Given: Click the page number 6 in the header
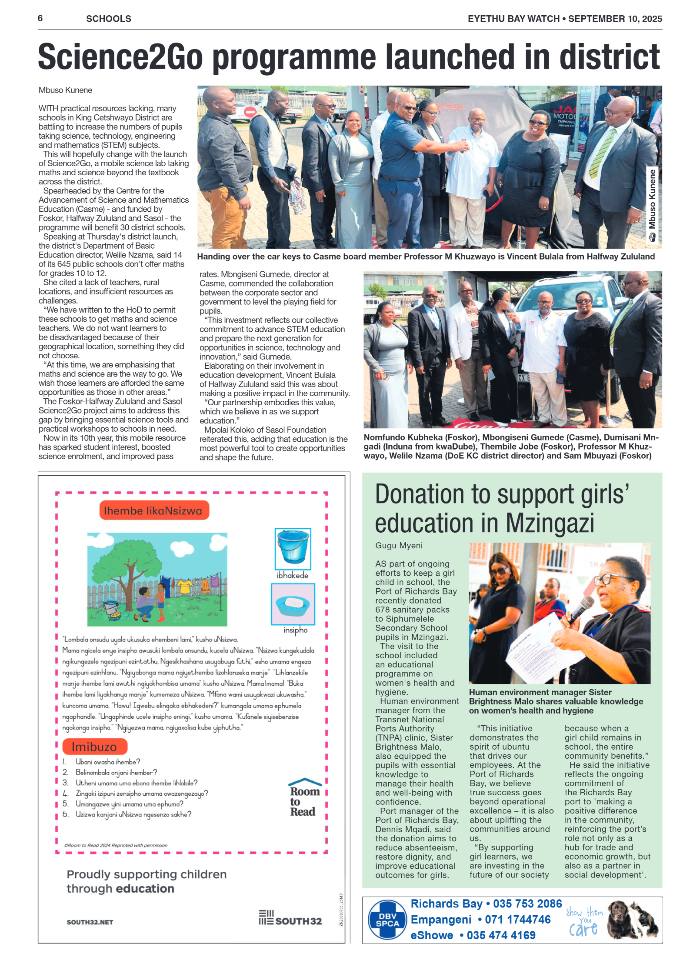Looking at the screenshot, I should pyautogui.click(x=40, y=18).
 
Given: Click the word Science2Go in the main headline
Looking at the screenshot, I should pyautogui.click(x=120, y=57).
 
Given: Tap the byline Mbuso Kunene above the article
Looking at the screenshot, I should pyautogui.click(x=65, y=90).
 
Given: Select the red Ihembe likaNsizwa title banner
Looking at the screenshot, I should pyautogui.click(x=154, y=510).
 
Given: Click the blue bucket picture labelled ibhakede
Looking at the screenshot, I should pyautogui.click(x=293, y=548).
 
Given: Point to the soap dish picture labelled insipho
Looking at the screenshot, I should pyautogui.click(x=293, y=604).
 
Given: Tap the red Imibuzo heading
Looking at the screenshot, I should pyautogui.click(x=94, y=747).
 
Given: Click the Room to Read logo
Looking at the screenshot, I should pyautogui.click(x=305, y=797).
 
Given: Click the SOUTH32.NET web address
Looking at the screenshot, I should pyautogui.click(x=90, y=922).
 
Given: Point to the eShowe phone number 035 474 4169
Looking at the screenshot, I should pyautogui.click(x=501, y=935).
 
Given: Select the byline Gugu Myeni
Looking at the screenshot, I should pyautogui.click(x=399, y=546).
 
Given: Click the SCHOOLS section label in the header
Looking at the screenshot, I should pyautogui.click(x=109, y=19).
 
